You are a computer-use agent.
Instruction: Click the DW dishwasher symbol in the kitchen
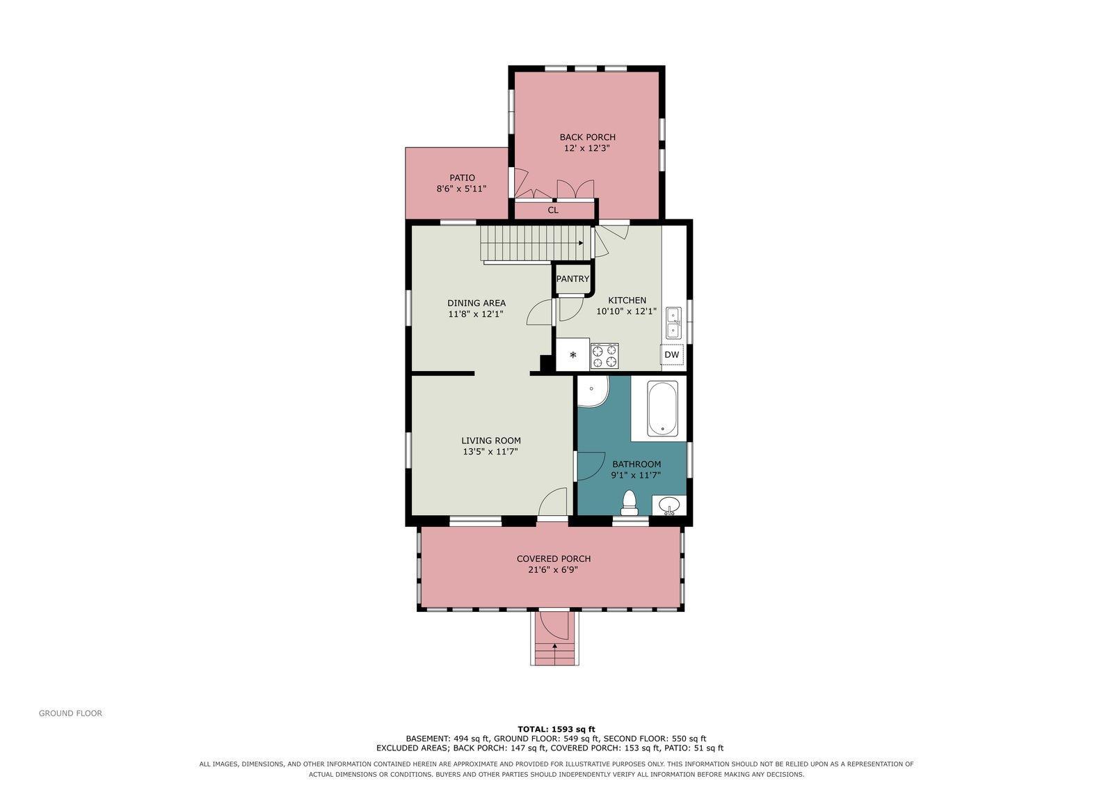(672, 354)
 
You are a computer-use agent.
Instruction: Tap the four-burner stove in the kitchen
(604, 356)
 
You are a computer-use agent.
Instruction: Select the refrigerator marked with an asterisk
(573, 354)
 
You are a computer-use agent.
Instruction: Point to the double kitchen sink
(673, 323)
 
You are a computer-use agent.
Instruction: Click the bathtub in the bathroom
(662, 409)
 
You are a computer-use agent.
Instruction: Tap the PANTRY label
(572, 279)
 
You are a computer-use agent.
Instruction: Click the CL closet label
(553, 210)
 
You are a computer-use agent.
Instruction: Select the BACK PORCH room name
(587, 137)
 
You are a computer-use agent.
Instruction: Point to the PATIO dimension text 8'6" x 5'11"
(461, 189)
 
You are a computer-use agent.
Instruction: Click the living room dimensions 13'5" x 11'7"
(490, 451)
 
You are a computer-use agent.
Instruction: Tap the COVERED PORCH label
(554, 559)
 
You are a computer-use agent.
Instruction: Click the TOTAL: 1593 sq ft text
(556, 730)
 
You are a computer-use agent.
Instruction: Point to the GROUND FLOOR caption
(70, 714)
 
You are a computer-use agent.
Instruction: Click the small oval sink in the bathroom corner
(668, 505)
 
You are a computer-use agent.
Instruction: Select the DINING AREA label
(477, 303)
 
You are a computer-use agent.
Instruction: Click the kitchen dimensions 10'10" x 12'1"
(627, 311)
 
